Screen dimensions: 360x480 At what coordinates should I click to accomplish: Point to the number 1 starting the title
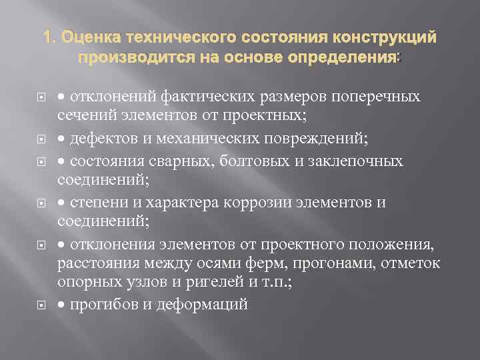47,39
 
